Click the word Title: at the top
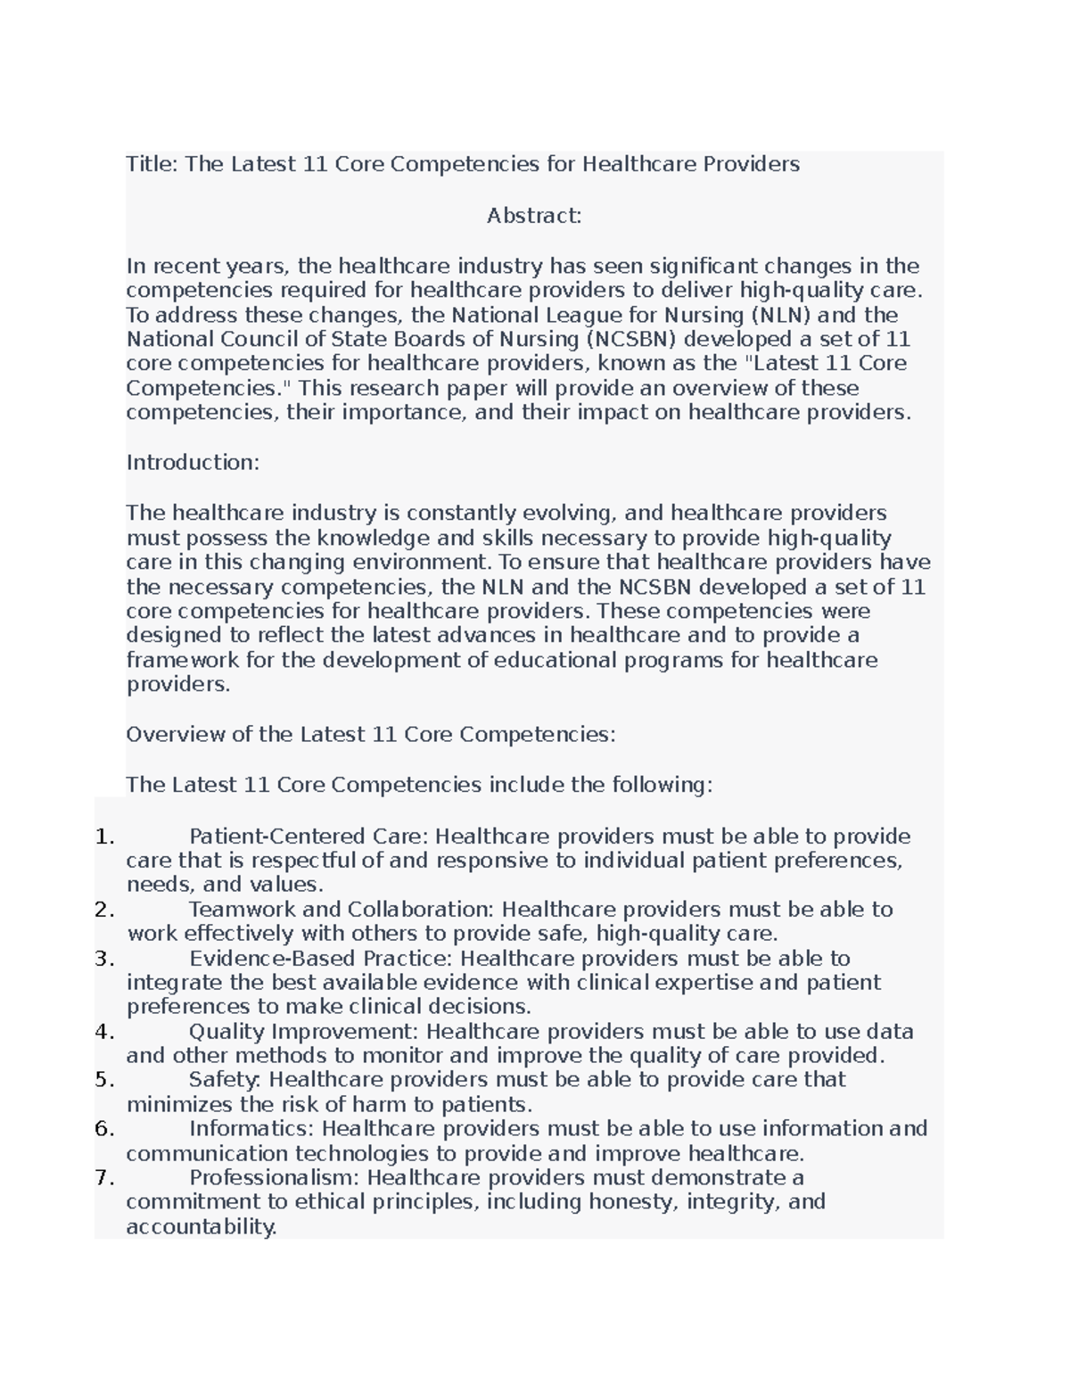click(x=152, y=164)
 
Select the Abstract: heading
click(x=533, y=216)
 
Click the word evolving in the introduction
click(x=568, y=513)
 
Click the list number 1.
click(x=104, y=837)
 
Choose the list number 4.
click(x=104, y=1032)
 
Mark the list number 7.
click(x=104, y=1178)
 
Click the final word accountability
click(x=202, y=1227)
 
